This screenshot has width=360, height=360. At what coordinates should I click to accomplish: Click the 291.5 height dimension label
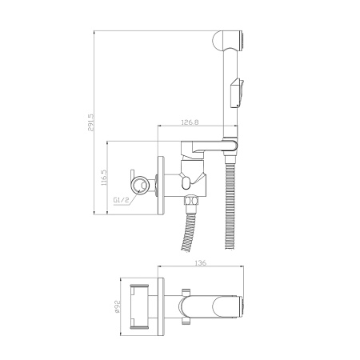coord(90,122)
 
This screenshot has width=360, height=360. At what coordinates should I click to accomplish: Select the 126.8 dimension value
coord(190,122)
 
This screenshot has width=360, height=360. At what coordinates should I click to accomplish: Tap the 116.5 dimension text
coord(103,178)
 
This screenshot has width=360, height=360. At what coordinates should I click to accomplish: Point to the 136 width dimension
coord(201,262)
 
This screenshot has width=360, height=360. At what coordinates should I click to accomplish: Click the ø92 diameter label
coord(118,306)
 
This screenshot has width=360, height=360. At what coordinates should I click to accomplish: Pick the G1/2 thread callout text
coord(120,200)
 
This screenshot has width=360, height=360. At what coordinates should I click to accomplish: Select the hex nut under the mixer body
coord(191,201)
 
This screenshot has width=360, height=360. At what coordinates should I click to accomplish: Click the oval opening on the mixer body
coord(186,182)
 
